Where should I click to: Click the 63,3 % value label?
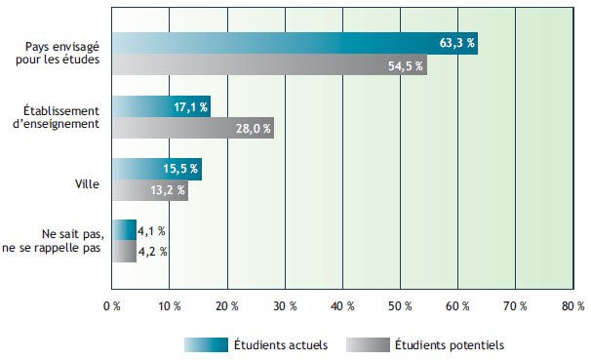click(457, 43)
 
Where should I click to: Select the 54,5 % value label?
click(407, 65)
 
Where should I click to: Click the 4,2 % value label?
click(153, 252)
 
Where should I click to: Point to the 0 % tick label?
click(111, 305)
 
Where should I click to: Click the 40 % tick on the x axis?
click(342, 305)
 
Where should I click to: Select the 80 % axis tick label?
click(573, 305)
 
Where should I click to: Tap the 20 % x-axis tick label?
click(226, 305)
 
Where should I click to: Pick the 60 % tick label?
click(457, 305)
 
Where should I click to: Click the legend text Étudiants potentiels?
click(451, 344)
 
